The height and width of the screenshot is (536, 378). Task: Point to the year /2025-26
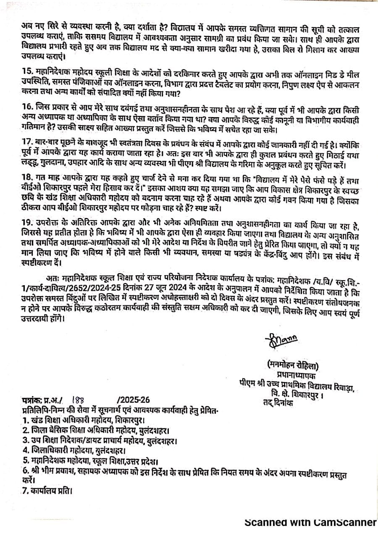134,400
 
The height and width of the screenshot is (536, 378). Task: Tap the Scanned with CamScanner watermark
310,522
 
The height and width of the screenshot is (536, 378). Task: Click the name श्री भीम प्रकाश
52,470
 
